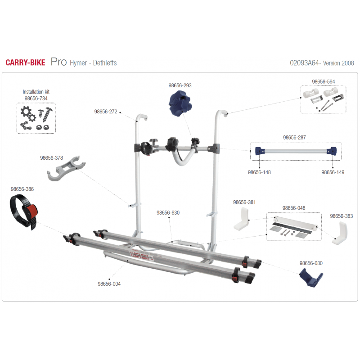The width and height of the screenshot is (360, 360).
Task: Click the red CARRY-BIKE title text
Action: (x=26, y=63)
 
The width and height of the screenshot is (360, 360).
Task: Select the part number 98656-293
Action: (x=180, y=85)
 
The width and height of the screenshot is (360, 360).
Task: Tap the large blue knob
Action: (x=180, y=103)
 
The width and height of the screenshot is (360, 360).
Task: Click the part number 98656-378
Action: (x=51, y=158)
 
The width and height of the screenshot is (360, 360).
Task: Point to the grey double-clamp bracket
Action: (x=65, y=169)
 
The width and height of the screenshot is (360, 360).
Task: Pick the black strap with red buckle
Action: (x=23, y=211)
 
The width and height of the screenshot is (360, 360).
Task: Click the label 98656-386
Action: (x=22, y=189)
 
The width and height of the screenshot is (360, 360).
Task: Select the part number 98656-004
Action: (x=109, y=284)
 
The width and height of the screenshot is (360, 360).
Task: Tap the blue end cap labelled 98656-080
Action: (x=311, y=277)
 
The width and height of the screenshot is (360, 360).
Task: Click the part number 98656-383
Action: (x=342, y=216)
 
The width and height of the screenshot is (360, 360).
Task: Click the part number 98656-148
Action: (x=259, y=172)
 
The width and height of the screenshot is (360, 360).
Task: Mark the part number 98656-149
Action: (x=333, y=172)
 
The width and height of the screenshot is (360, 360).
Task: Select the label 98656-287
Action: (x=294, y=138)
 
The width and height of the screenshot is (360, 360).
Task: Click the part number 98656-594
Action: (x=323, y=81)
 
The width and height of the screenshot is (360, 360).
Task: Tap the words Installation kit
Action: (x=36, y=92)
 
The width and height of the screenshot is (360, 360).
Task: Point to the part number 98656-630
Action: (x=168, y=212)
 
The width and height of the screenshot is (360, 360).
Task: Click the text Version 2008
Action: (x=338, y=63)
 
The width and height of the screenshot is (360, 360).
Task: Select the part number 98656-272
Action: (x=106, y=112)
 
